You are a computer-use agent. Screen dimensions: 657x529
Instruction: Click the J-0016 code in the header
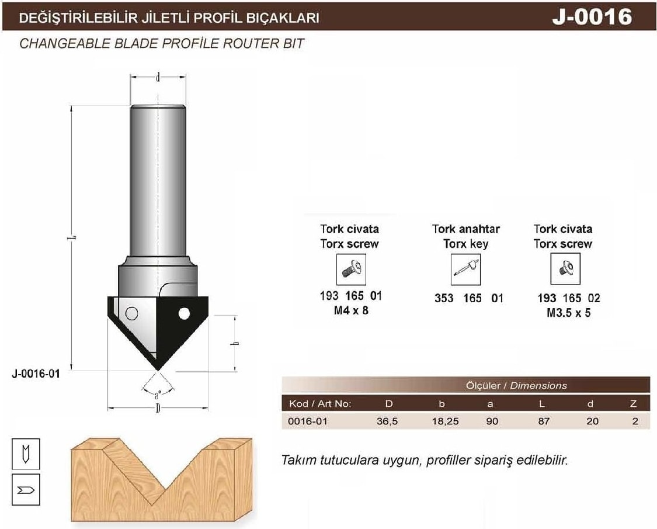[592, 17]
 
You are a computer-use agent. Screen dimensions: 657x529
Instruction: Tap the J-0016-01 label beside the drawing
[36, 374]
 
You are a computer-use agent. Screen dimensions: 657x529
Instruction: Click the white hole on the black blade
[183, 313]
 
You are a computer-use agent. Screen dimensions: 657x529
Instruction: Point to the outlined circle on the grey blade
[131, 313]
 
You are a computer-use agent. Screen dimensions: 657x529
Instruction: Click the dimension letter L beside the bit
[71, 238]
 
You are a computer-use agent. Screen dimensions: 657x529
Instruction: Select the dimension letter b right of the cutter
[235, 344]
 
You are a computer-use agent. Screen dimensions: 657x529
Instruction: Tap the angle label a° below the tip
[158, 395]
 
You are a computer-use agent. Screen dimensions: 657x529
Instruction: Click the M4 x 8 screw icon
[351, 269]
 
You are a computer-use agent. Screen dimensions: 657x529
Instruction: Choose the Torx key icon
[465, 269]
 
